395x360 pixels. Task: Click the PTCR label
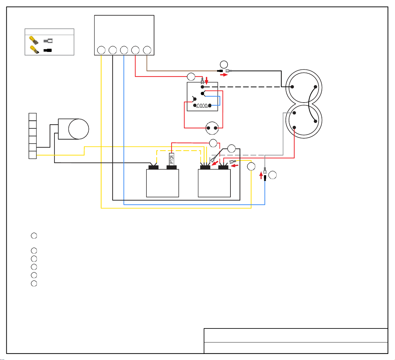172,159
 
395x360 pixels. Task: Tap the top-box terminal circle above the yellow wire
101,50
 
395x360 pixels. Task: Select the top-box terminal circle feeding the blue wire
124,50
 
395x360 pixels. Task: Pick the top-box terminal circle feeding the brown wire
147,50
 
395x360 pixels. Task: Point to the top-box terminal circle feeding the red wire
135,50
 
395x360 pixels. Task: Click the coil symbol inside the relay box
202,106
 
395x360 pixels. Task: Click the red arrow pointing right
224,75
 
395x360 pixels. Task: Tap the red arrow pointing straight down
207,80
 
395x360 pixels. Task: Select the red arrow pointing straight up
261,175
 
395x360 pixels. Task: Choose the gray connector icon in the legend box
48,41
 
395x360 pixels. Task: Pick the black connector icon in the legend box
47,50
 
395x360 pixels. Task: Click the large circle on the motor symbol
79,129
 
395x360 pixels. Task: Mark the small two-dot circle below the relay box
212,128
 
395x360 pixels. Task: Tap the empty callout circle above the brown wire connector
224,64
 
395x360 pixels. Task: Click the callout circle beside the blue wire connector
272,175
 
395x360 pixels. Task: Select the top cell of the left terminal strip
33,117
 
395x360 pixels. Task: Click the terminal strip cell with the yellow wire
33,155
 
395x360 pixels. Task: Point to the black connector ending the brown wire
220,71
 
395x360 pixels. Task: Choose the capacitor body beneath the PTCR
162,183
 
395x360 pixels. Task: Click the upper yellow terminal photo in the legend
34,40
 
